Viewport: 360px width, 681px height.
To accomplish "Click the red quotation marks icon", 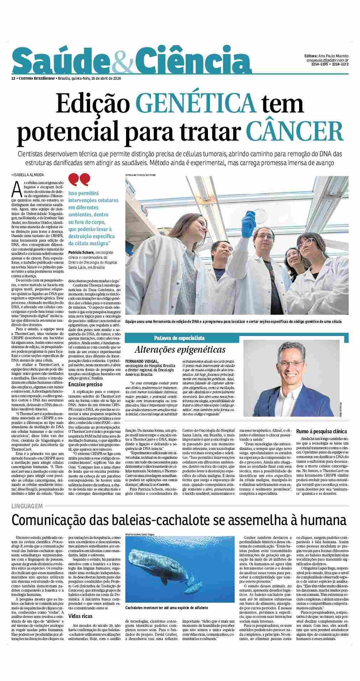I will [x=79, y=180].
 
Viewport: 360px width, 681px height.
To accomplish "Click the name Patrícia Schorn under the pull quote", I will [x=81, y=252].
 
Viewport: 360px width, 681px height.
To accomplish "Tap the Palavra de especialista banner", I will [x=179, y=337].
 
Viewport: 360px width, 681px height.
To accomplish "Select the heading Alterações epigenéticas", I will [x=180, y=349].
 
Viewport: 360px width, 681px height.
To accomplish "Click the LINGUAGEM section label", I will [x=27, y=506].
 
